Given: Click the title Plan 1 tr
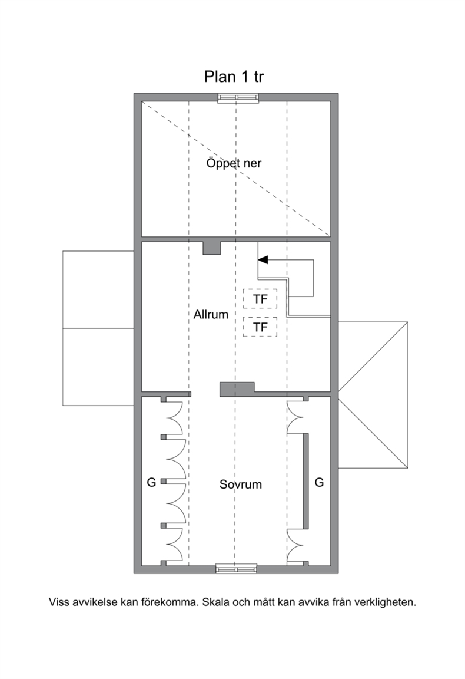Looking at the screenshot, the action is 234,77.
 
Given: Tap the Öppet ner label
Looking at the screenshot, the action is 234,163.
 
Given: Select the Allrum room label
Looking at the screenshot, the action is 211,314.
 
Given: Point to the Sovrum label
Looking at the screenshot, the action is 241,484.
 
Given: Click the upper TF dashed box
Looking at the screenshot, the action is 260,299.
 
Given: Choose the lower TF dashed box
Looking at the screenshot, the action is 260,327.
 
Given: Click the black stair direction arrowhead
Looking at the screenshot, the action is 263,260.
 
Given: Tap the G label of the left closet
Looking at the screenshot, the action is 151,482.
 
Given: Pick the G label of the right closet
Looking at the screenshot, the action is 319,482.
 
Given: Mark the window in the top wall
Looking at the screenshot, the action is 238,98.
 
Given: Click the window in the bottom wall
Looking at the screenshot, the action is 236,569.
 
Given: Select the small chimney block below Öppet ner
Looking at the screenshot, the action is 212,248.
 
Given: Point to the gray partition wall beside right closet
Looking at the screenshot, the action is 306,481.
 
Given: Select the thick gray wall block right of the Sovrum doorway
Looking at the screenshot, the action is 237,389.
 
